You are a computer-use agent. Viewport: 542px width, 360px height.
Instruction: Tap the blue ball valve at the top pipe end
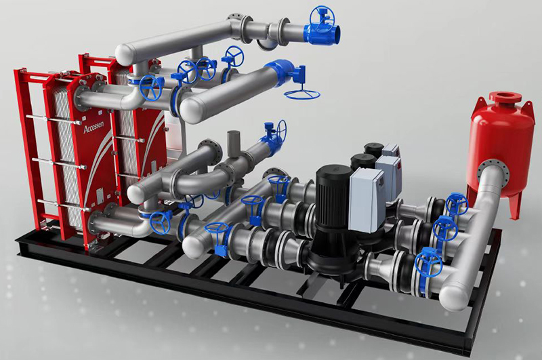point(324,28)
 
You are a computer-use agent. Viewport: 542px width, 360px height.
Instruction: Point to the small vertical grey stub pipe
point(233,144)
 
